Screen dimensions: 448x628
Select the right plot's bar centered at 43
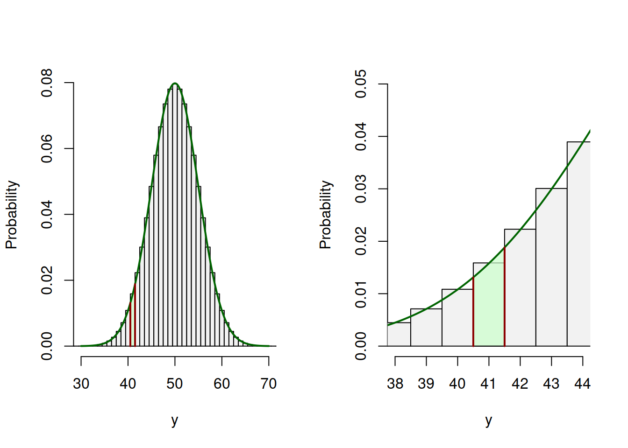pos(551,268)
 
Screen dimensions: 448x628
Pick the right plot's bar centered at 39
pos(426,328)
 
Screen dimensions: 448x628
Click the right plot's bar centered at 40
pos(457,319)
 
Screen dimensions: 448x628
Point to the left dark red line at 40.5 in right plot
pos(473,313)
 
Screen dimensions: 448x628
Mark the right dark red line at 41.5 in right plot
pos(505,299)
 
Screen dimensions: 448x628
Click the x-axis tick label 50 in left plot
pos(175,384)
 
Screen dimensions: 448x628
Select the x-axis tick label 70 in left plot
pos(269,384)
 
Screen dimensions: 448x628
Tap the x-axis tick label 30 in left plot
pos(81,384)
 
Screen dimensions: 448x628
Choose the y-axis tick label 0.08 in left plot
pos(47,83)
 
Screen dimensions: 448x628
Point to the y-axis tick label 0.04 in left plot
pos(47,215)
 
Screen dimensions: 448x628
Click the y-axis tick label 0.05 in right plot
pos(361,84)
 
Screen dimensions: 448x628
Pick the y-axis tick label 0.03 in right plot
pos(361,189)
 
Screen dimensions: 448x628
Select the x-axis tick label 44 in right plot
pos(583,384)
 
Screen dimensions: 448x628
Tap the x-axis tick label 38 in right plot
pos(395,384)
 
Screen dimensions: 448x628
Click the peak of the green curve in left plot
pos(175,84)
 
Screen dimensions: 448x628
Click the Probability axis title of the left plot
pos(11,215)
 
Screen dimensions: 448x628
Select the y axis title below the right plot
pos(489,420)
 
